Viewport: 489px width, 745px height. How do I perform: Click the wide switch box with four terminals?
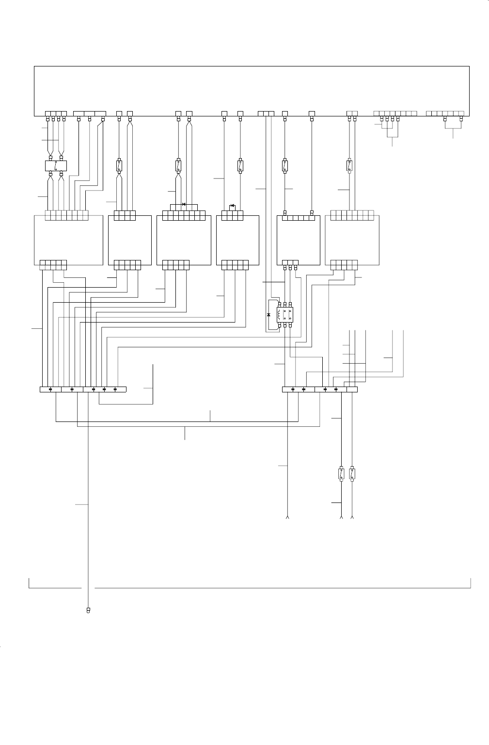tap(56, 165)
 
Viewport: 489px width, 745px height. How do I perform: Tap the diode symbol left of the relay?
tap(268, 315)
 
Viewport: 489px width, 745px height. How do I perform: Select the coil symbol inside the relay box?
tap(280, 316)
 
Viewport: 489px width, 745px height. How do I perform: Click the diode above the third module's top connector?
tap(184, 204)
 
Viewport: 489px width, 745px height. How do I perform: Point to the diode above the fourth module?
tap(233, 205)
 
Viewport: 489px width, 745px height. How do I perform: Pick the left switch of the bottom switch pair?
tap(341, 474)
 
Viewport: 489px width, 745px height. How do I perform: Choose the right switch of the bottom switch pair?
tap(352, 474)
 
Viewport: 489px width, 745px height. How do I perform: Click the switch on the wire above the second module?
tap(119, 165)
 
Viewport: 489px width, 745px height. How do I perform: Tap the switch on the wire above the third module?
tap(178, 165)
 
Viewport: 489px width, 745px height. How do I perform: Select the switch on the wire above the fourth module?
tap(240, 165)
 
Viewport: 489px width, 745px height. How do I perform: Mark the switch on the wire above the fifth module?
tap(284, 165)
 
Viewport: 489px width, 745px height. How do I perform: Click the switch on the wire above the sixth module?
tap(349, 165)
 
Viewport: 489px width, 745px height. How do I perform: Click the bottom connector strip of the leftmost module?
tap(53, 265)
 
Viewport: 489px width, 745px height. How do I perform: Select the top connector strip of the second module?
tap(125, 215)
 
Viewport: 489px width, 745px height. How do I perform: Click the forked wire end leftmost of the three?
tap(288, 518)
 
